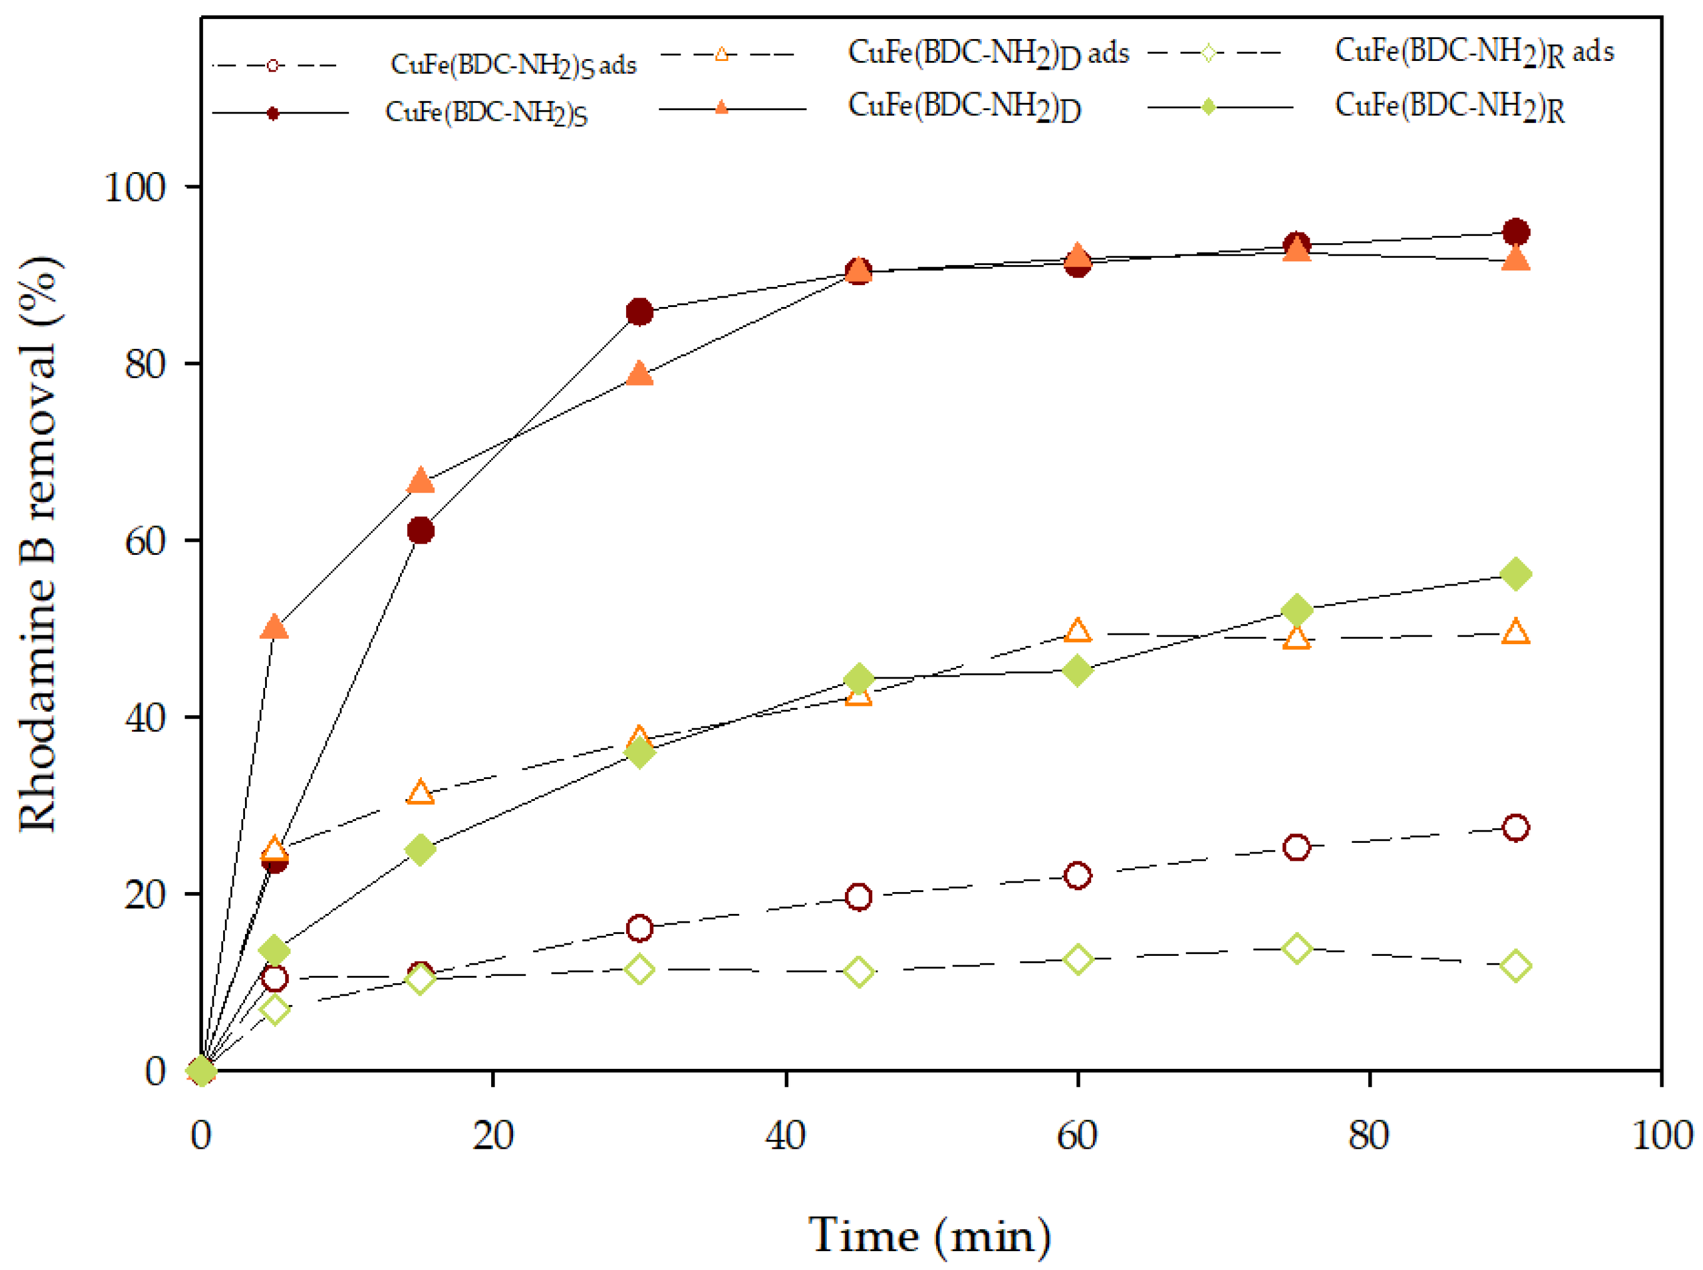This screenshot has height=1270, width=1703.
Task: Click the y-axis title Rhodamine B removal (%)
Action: (38, 544)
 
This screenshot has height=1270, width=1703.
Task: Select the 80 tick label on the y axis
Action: (146, 364)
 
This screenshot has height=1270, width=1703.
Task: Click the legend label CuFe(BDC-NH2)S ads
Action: (513, 65)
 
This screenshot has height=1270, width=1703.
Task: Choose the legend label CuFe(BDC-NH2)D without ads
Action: (963, 106)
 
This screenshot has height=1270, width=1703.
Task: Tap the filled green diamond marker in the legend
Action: (1208, 107)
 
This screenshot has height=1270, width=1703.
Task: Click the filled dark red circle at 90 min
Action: (1515, 232)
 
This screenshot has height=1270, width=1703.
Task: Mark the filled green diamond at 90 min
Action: (1515, 574)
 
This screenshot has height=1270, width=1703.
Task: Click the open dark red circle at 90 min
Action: (1515, 828)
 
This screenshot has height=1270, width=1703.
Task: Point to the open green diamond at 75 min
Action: (1296, 949)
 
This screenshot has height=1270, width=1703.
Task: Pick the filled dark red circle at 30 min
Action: (639, 312)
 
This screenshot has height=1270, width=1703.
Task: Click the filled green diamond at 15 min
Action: (420, 849)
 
